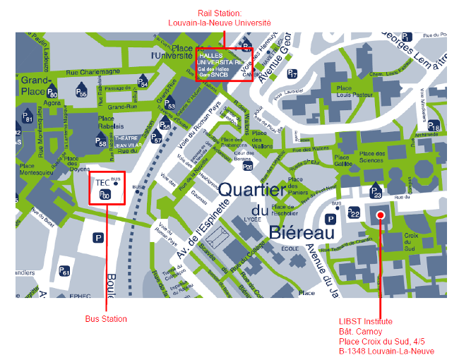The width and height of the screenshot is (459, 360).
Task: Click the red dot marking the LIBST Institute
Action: click(x=380, y=215)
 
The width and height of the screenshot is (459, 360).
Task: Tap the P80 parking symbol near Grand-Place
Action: click(x=52, y=92)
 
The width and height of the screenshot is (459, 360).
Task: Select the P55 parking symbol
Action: click(x=81, y=91)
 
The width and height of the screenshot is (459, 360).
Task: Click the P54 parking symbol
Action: click(x=143, y=82)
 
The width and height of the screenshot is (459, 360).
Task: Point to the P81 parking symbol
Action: click(x=28, y=118)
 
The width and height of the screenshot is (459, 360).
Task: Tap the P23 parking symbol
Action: click(x=376, y=191)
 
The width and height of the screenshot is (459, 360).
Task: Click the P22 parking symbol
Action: click(x=354, y=212)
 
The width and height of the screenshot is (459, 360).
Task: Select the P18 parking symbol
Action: click(x=434, y=126)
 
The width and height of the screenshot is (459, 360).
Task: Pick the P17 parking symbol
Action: click(x=292, y=73)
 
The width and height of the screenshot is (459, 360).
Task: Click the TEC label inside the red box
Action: click(x=103, y=182)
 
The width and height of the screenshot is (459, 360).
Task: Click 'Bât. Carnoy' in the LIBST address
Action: click(x=359, y=331)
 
